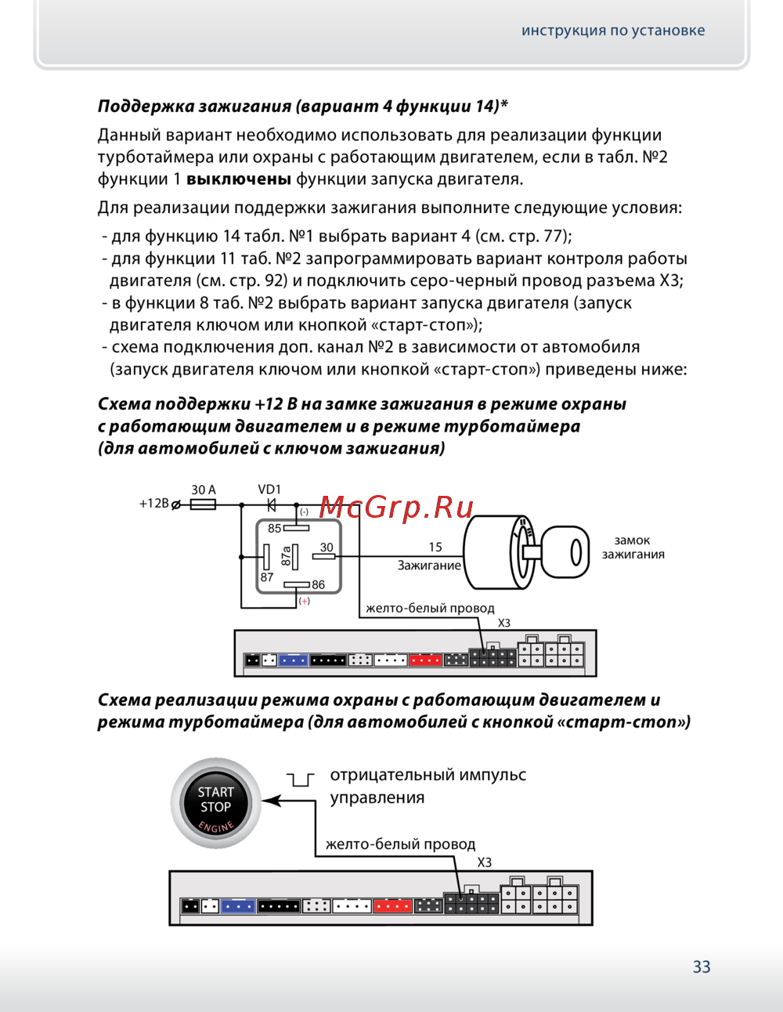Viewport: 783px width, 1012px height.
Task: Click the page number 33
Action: (702, 967)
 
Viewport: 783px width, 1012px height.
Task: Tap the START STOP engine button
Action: (215, 803)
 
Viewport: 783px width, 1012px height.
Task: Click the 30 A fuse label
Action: (204, 490)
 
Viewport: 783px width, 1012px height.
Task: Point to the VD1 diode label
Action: (269, 490)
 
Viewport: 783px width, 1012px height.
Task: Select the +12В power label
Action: (153, 504)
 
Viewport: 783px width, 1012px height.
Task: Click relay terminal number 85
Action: (274, 529)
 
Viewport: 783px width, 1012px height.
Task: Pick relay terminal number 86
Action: (318, 584)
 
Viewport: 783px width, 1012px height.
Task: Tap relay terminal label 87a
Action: (287, 556)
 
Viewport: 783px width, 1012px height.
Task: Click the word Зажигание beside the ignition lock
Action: (429, 566)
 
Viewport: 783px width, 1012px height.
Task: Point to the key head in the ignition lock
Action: (565, 552)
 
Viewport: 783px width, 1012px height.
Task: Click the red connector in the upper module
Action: (425, 660)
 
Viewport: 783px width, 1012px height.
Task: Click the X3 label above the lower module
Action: (485, 862)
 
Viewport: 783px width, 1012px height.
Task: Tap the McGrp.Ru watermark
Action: (396, 508)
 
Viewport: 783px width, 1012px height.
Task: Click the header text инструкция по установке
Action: (613, 31)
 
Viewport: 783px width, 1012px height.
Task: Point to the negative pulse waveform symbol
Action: (301, 779)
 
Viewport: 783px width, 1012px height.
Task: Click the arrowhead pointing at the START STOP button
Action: (270, 801)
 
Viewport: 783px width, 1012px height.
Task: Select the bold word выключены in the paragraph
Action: (239, 179)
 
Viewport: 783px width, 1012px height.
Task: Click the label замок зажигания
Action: (633, 547)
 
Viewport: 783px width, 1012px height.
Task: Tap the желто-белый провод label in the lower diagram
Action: (400, 844)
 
